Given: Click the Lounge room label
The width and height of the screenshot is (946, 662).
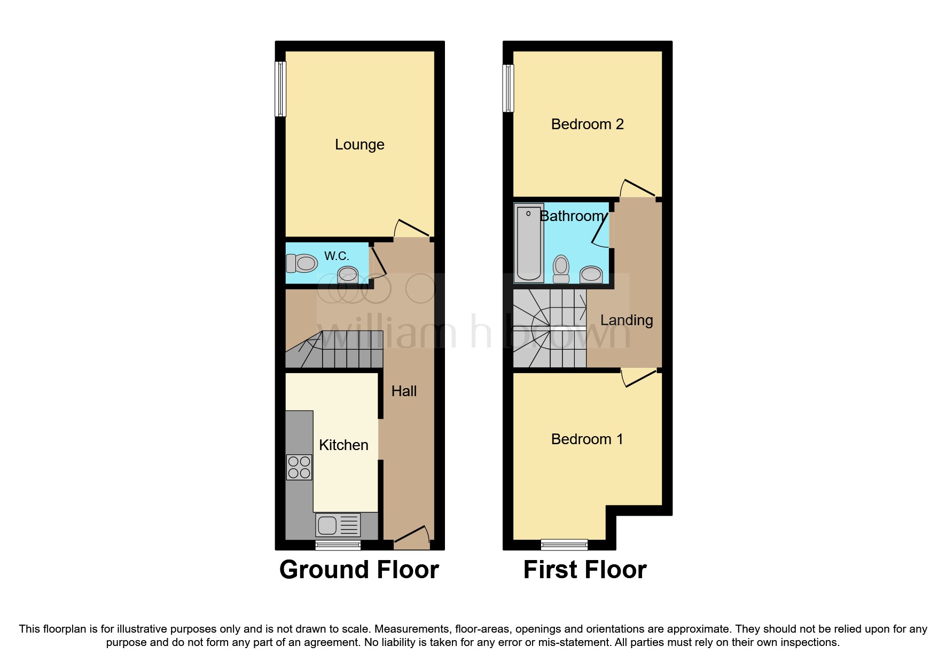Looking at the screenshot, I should click(x=359, y=145).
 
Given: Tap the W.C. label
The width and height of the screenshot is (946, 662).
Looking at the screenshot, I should click(x=337, y=256).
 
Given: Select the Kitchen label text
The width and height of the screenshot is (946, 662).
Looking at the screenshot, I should click(x=343, y=445).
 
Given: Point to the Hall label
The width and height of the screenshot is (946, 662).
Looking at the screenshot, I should click(x=404, y=391).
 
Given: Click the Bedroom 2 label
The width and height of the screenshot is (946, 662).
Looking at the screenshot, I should click(x=587, y=124).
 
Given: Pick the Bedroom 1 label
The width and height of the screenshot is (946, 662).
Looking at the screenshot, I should click(x=587, y=439).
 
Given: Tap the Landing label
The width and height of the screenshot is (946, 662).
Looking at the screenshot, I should click(x=627, y=320).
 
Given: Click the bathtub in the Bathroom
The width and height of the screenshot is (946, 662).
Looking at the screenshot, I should click(x=529, y=243).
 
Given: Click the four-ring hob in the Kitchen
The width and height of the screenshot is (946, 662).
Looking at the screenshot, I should click(x=299, y=467).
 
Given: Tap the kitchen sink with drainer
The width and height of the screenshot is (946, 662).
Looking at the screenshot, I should click(x=338, y=525).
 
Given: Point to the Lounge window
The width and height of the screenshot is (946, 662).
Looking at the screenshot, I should click(x=280, y=89).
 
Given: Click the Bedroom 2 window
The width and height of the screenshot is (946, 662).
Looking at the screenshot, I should click(x=508, y=89).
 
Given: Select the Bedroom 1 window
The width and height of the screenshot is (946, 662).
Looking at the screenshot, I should click(x=564, y=545).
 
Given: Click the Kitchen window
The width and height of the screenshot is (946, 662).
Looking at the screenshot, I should click(x=338, y=545).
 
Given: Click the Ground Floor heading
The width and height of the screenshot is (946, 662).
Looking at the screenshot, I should click(x=359, y=570).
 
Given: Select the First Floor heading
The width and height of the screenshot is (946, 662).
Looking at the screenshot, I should click(x=585, y=570).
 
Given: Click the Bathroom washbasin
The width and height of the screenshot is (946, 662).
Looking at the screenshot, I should click(x=591, y=274).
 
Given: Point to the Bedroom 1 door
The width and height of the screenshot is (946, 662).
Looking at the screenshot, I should click(x=639, y=378).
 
